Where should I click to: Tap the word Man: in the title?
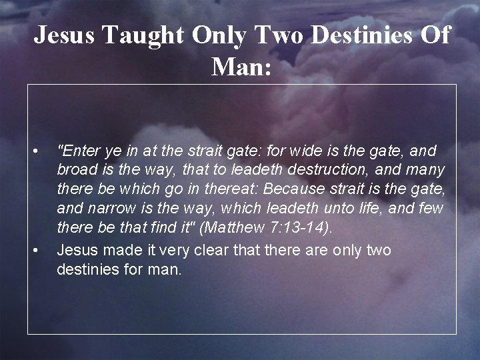tap(241, 66)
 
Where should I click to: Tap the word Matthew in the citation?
tap(232, 228)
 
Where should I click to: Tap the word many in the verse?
tap(425, 170)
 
